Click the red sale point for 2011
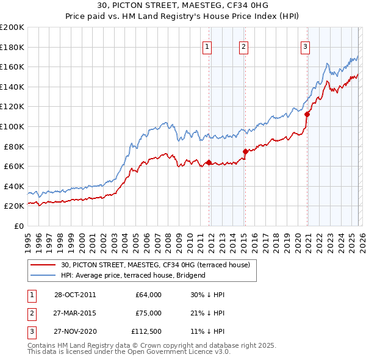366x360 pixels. [209, 162]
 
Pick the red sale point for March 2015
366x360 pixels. [245, 151]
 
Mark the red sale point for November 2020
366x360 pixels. [307, 113]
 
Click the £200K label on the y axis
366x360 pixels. [12, 27]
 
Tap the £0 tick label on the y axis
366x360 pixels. [18, 226]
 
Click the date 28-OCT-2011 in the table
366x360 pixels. [74, 295]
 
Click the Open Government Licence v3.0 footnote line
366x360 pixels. [129, 352]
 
